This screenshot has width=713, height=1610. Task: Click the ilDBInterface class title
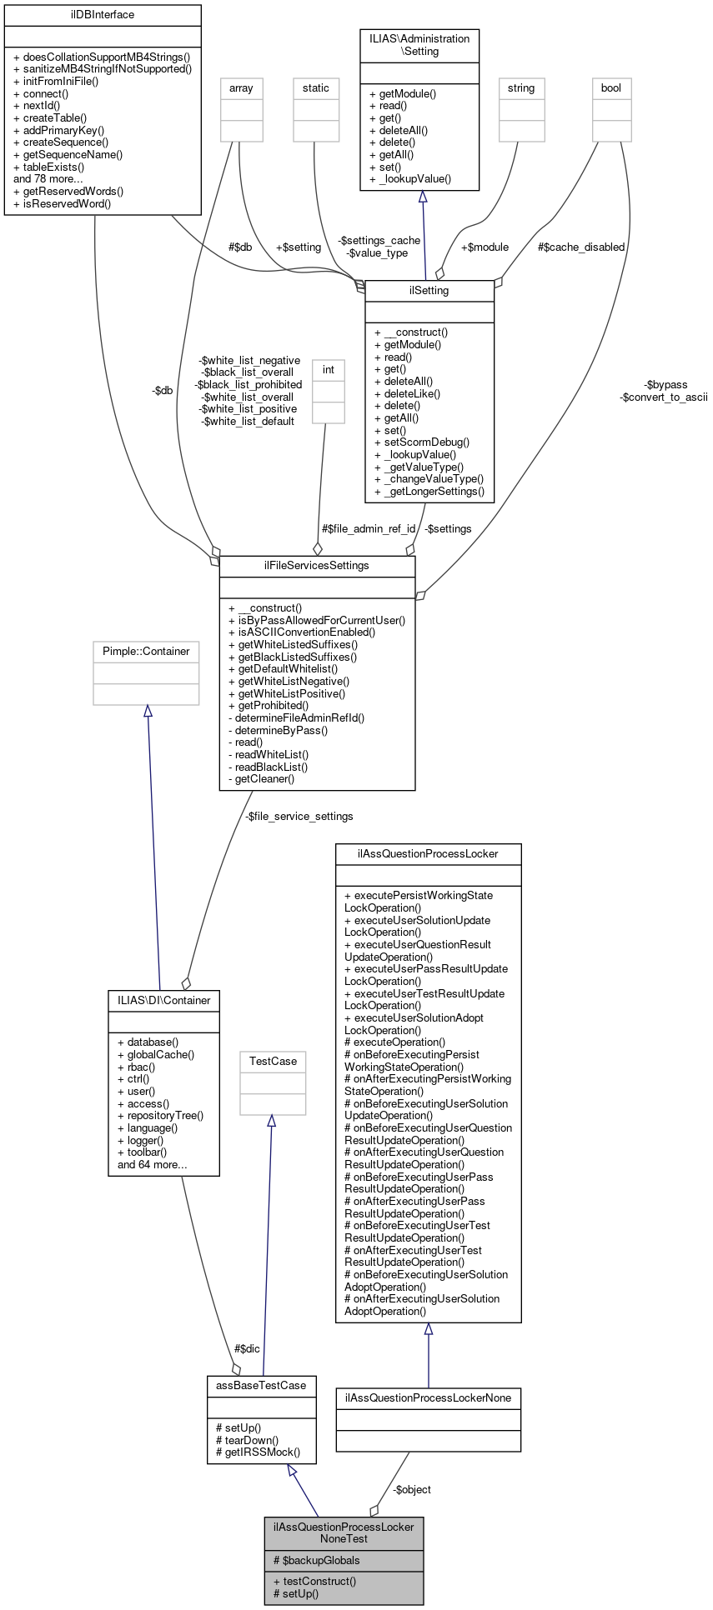pos(103,15)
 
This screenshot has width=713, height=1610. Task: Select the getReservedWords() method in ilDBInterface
pos(73,191)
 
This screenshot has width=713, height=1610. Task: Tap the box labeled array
pos(241,88)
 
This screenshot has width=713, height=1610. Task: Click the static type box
pos(315,88)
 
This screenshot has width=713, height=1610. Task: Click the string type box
pos(520,88)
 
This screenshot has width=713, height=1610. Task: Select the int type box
pos(328,370)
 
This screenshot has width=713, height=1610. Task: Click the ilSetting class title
pos(429,291)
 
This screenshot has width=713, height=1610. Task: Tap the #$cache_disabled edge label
pos(580,247)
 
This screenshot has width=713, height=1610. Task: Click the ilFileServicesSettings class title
pos(316,566)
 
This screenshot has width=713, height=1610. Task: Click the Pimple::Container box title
pos(146,652)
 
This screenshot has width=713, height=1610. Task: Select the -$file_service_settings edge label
pos(299,817)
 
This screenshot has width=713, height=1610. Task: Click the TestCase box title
pos(273,1062)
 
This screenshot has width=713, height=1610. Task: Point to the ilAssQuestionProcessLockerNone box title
pos(428,1397)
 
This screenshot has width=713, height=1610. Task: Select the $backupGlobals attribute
pos(316,1560)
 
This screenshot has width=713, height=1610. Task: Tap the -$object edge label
pos(412,1489)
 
